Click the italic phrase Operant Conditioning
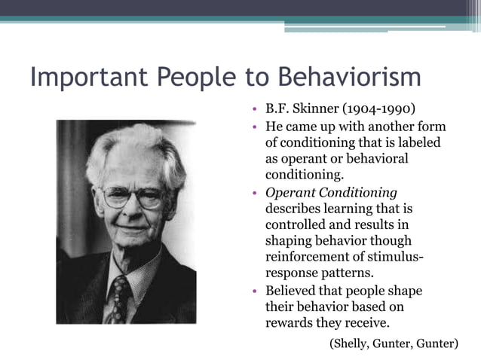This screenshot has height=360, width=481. click(x=331, y=192)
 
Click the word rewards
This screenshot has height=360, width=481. click(x=290, y=324)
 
